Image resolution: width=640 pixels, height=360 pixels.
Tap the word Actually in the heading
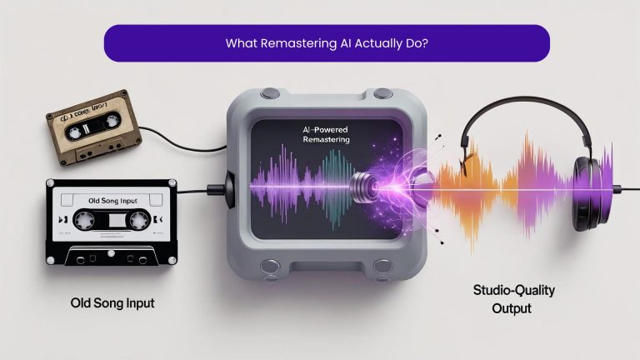pos(368,43)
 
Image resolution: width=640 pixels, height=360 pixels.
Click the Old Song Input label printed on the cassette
pos(109,200)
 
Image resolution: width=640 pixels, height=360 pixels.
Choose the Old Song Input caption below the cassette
pos(112,302)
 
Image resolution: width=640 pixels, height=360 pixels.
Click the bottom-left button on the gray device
pos(269,267)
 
